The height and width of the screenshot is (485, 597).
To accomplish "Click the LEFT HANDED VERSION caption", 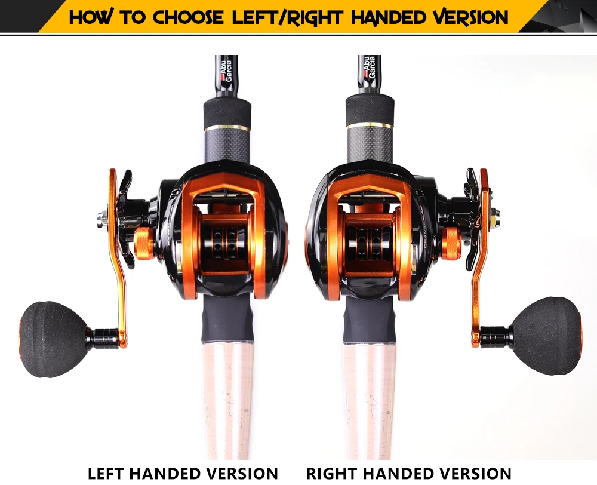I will point(183,473).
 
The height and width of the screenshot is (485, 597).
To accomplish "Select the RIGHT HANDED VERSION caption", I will point(409,473).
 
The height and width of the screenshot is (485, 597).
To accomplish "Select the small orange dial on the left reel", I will point(143,243).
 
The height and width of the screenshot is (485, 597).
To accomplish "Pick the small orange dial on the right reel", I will point(450,243).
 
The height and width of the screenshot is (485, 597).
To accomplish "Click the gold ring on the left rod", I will point(227,127).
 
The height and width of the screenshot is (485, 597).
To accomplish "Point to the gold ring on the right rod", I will point(368,125).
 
